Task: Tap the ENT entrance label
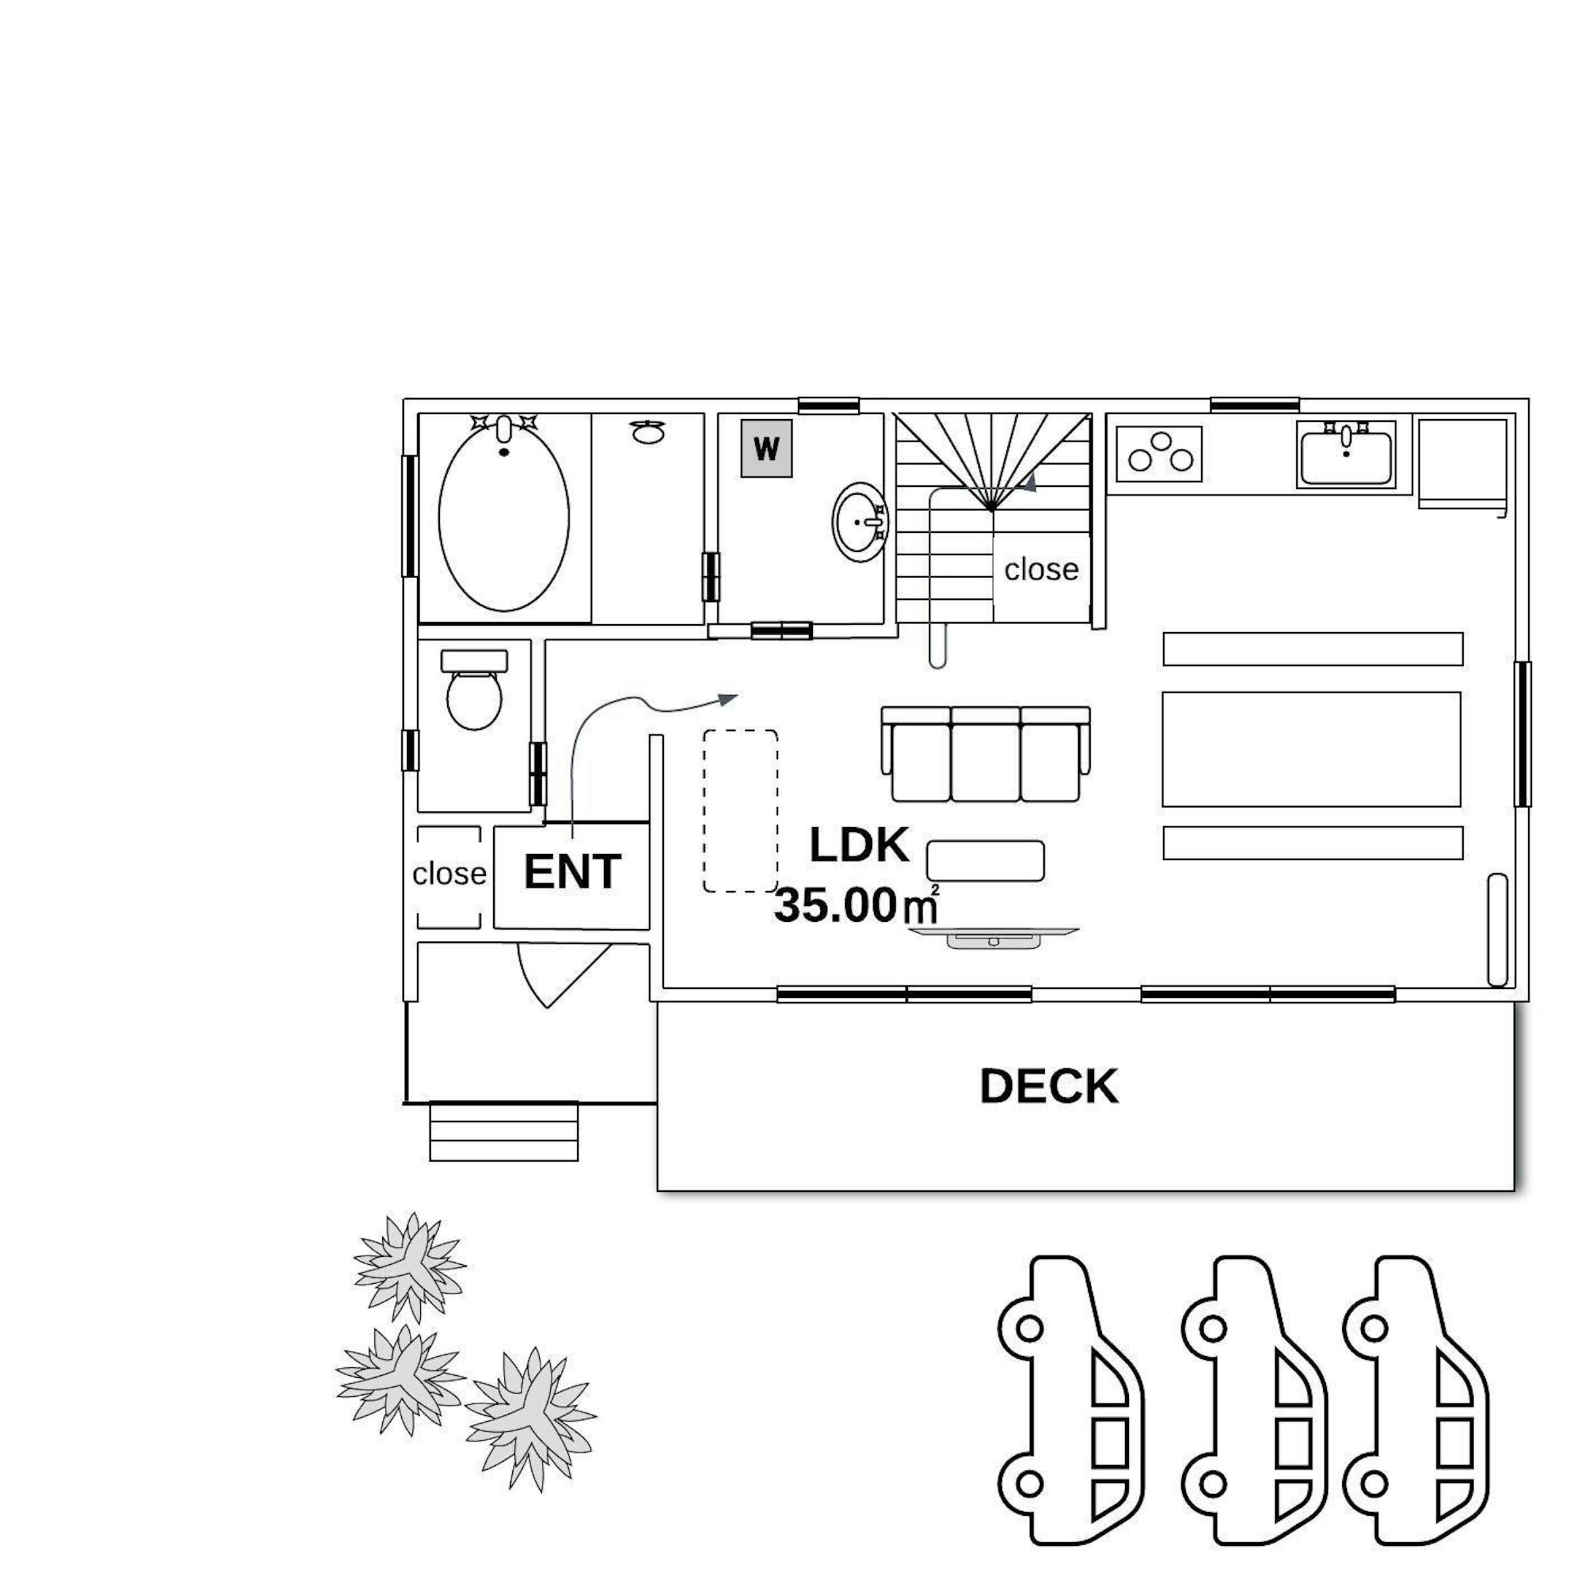[x=573, y=873]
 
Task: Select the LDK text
[x=860, y=845]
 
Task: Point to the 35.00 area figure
[x=834, y=907]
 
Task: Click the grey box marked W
[x=766, y=449]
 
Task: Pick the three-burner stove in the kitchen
[x=1159, y=453]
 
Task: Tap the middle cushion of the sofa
[x=986, y=754]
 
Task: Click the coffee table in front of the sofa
[x=986, y=861]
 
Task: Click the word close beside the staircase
[x=1041, y=570]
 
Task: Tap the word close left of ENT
[x=449, y=874]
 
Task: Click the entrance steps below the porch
[x=504, y=1131]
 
